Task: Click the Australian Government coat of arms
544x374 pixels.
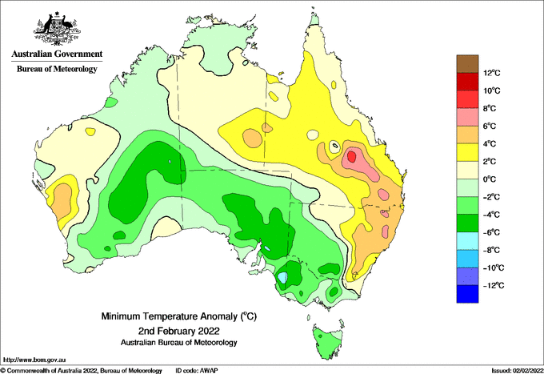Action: (57, 29)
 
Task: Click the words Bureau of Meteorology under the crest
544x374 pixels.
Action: (57, 69)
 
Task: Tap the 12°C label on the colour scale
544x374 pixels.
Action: (492, 73)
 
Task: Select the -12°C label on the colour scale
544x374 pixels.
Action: (491, 285)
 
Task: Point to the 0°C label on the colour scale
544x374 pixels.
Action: (490, 179)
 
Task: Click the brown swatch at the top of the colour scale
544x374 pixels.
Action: (467, 64)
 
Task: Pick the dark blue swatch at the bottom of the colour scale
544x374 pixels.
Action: (467, 294)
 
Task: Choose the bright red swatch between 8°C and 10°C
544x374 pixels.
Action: (467, 99)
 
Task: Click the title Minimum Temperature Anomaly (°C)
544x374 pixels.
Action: (178, 316)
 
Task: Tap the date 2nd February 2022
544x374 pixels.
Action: (178, 330)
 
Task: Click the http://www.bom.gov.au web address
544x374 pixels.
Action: (34, 360)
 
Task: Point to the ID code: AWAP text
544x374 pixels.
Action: (197, 371)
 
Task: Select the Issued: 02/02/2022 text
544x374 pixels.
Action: (517, 371)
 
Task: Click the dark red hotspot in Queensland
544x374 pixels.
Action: (351, 157)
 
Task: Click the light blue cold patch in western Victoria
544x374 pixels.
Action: (282, 277)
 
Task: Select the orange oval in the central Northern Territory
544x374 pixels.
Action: (252, 138)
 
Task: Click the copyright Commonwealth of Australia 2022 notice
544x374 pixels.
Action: (82, 371)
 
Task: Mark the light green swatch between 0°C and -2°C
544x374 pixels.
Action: (467, 188)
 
